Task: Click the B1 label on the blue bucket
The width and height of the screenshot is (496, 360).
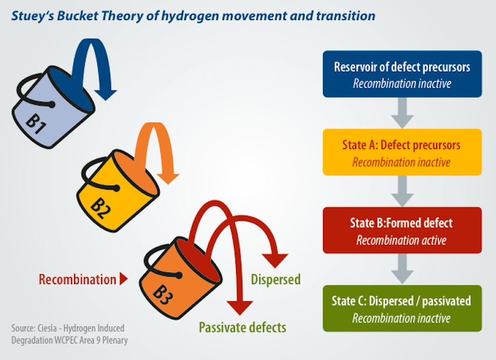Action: coord(36,123)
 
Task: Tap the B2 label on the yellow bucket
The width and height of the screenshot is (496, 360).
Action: coord(100,208)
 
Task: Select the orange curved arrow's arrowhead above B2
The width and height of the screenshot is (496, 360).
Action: coord(168,179)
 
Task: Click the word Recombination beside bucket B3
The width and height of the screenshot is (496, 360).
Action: coord(77,280)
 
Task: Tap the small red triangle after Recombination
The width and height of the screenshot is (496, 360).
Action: coord(124,278)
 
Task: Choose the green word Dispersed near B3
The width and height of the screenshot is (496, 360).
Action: coord(275,280)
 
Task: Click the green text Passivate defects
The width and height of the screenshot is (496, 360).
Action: coord(242,327)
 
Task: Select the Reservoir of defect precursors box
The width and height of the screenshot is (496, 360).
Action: coord(402,74)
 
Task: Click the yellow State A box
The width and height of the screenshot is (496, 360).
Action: coord(402,152)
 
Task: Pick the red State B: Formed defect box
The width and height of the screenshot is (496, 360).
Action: coord(402,230)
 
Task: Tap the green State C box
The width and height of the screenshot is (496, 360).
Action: coord(402,308)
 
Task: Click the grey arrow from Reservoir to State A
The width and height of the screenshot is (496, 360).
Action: coord(402,113)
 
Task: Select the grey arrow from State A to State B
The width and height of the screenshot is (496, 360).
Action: coord(402,191)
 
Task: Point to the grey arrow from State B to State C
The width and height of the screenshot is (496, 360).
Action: coord(402,269)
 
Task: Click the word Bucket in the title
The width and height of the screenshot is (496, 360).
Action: coord(78,16)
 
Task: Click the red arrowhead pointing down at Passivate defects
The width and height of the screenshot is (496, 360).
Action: coord(239,308)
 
